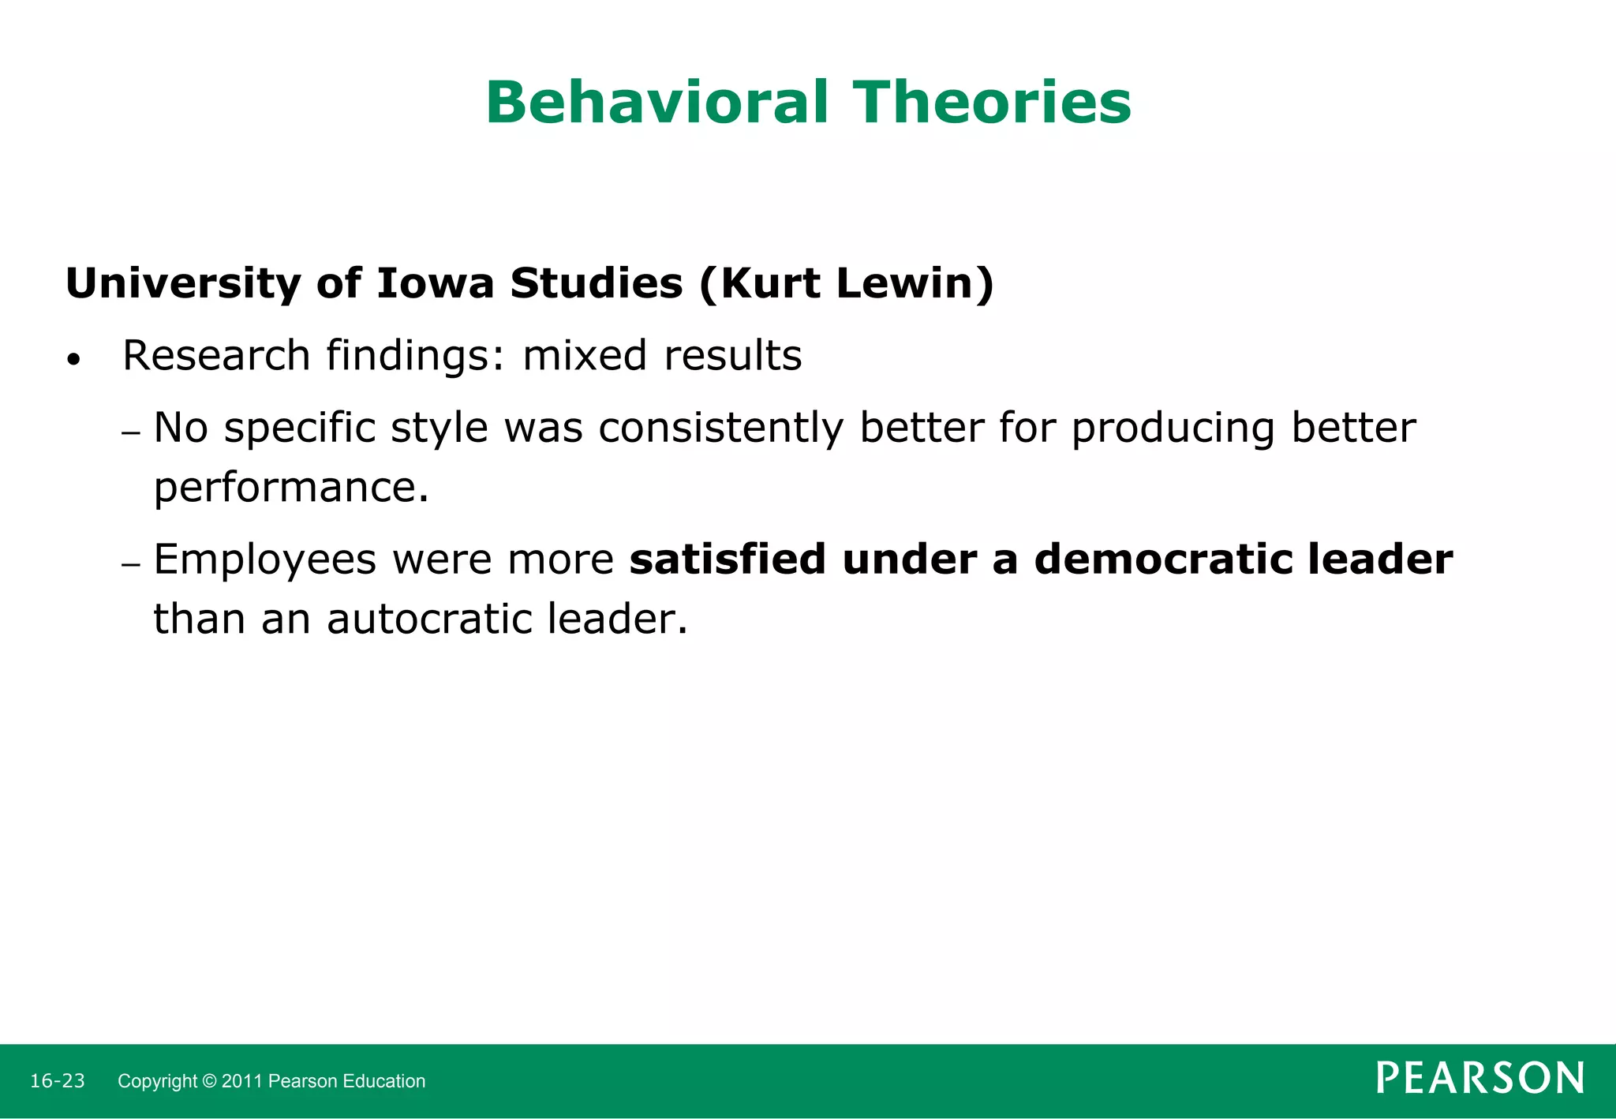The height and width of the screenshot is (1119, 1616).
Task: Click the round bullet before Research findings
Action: [73, 361]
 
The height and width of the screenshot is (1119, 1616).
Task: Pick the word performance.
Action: [290, 488]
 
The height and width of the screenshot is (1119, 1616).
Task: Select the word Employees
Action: [265, 560]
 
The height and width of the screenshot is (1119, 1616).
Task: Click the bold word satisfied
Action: [727, 559]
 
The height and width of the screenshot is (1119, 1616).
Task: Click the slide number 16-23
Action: [58, 1081]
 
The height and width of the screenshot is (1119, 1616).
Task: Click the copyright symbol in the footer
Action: [209, 1081]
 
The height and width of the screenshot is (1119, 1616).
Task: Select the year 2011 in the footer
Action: [241, 1081]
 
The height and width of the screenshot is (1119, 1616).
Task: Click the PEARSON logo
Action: [1479, 1079]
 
